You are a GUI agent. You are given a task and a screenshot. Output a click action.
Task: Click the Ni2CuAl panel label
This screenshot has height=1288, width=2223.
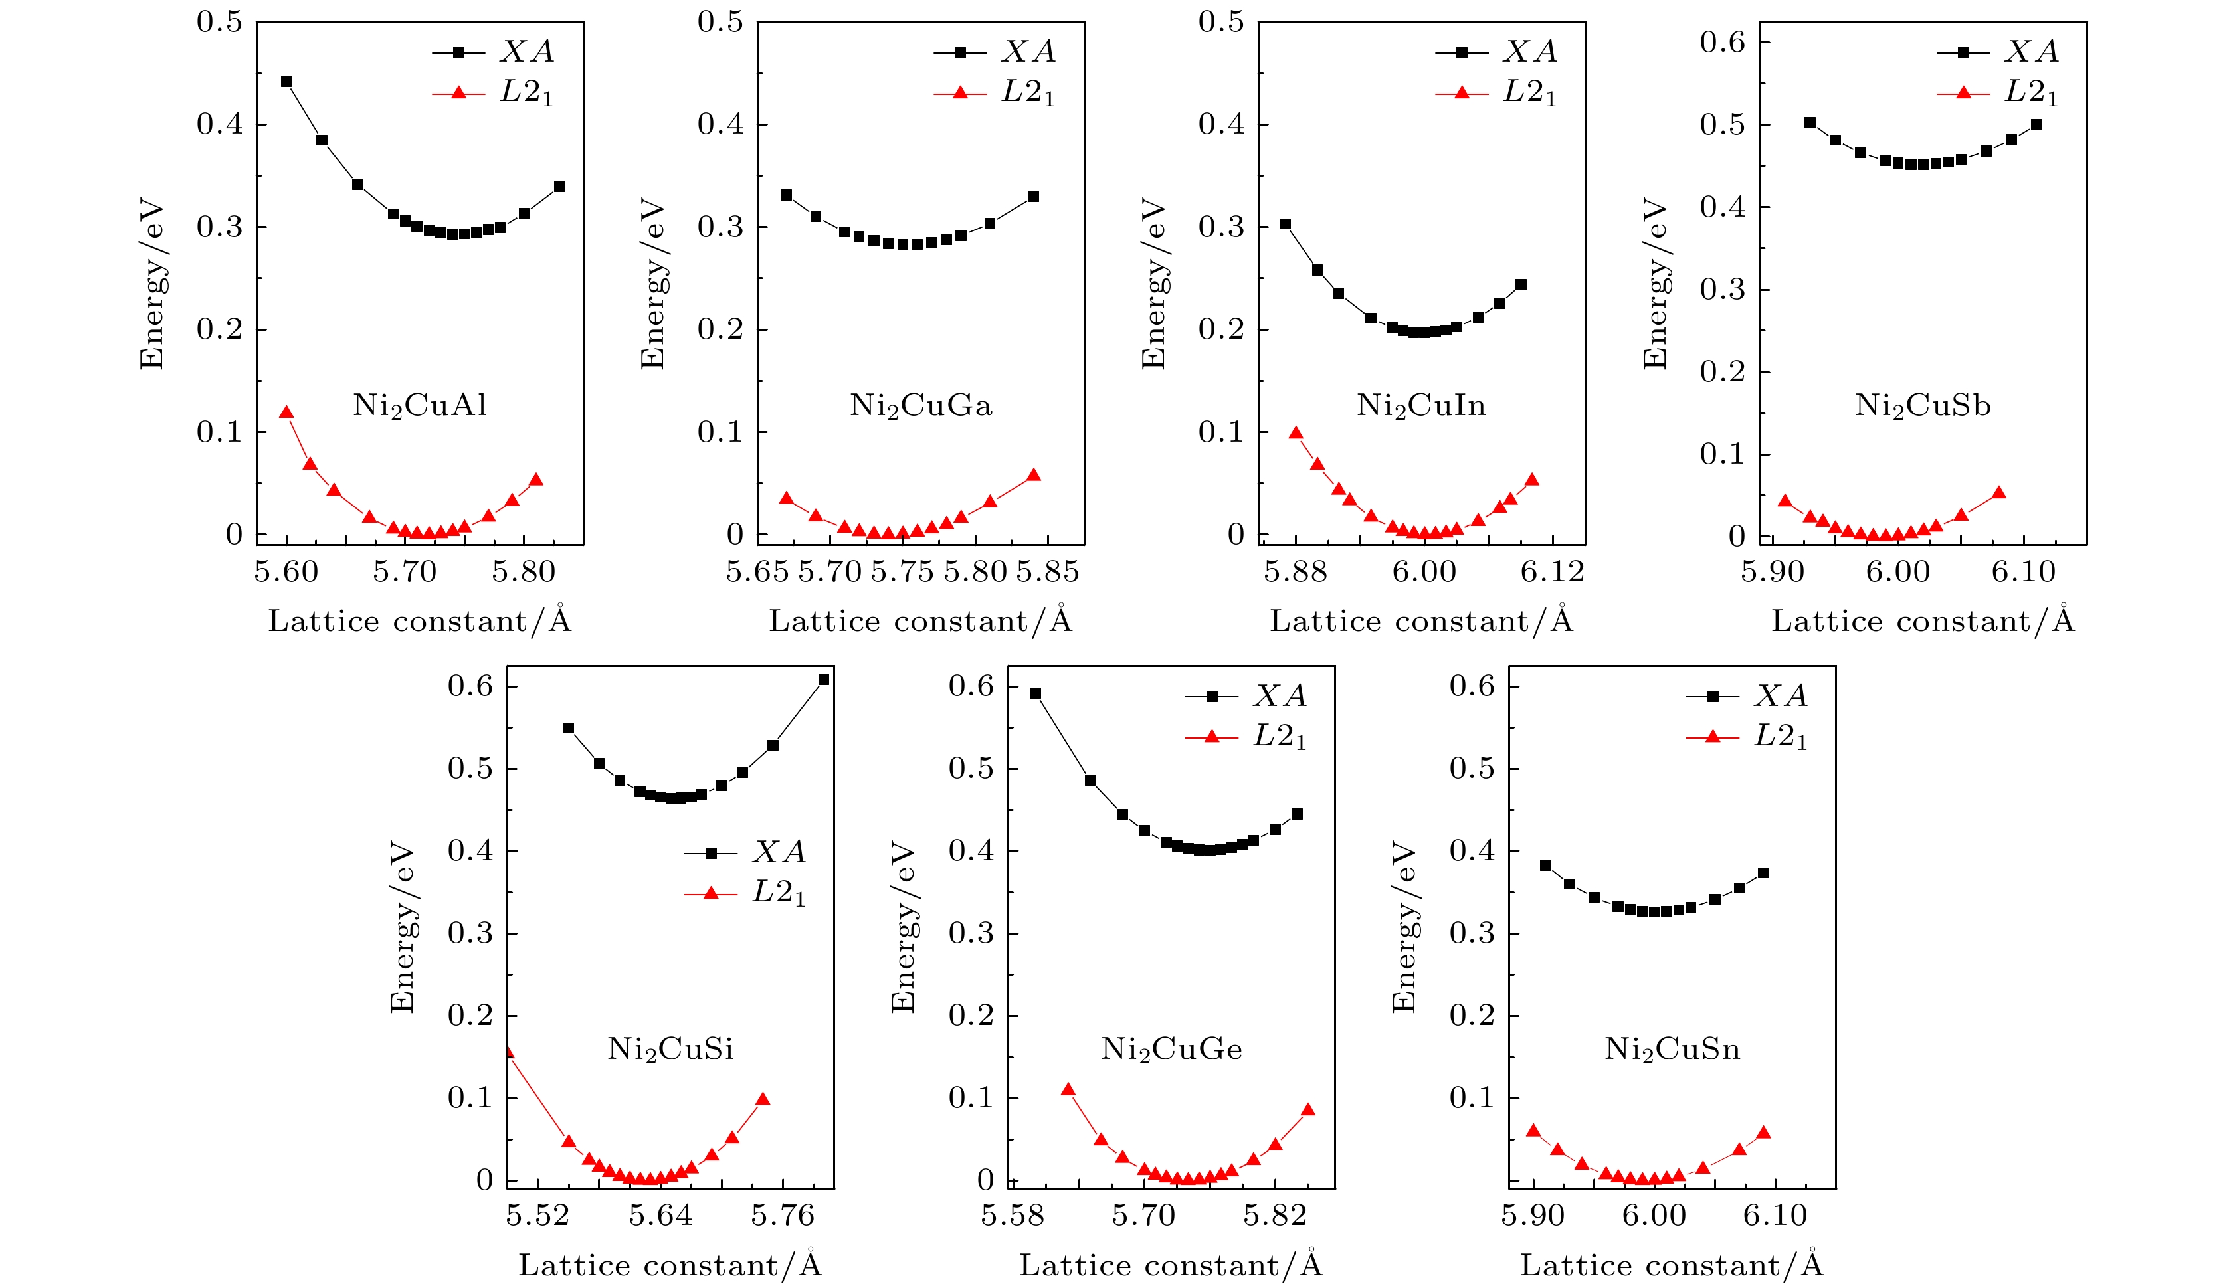420,406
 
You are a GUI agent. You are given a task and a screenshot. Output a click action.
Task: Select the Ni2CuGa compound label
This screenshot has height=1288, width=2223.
921,406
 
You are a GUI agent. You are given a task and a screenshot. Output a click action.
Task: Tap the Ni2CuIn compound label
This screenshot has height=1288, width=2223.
1421,406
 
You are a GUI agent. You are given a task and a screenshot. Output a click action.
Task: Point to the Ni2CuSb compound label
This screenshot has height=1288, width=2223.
1923,406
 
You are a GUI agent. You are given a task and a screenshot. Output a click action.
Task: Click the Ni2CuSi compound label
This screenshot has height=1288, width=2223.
670,1049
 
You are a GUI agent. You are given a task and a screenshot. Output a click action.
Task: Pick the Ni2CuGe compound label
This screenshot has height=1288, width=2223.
1171,1049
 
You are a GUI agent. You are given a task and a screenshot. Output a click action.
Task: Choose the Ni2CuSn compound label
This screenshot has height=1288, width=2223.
1672,1049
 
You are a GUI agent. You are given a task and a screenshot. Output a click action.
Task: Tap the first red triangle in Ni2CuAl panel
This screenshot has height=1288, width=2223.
286,412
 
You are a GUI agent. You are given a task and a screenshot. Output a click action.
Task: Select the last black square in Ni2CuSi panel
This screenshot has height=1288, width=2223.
824,680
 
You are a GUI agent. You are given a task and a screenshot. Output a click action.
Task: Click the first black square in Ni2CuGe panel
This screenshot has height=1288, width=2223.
1036,693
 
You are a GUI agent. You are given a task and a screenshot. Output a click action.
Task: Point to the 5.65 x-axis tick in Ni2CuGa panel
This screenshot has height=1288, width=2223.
757,573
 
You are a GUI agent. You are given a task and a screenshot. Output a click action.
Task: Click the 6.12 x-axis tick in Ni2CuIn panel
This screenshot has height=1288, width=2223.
1553,573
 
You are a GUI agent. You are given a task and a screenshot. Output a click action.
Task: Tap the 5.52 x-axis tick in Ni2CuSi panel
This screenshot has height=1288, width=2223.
537,1216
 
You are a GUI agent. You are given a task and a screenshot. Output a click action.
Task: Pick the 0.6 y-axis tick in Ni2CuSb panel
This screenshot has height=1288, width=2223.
1722,43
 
